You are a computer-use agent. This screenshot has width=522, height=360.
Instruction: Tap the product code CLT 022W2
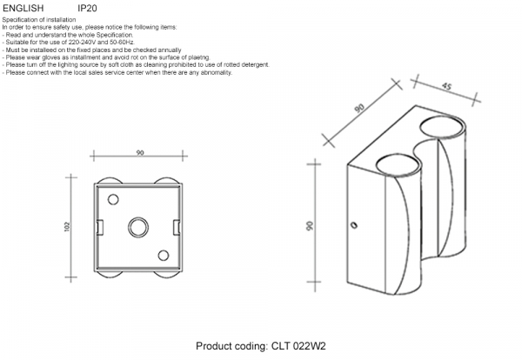pyautogui.click(x=298, y=345)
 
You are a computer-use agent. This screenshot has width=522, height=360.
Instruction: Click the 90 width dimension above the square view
pyautogui.click(x=139, y=153)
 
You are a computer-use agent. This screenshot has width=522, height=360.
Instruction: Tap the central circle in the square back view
pyautogui.click(x=138, y=227)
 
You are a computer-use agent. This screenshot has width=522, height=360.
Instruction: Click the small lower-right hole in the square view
pyautogui.click(x=163, y=255)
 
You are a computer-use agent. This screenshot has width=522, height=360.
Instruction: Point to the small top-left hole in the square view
pyautogui.click(x=113, y=198)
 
